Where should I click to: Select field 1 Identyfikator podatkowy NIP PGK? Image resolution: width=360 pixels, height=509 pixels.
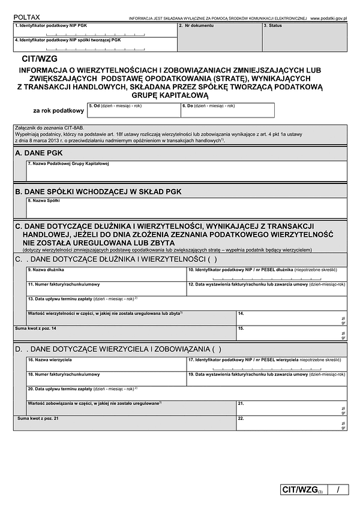(95, 31)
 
